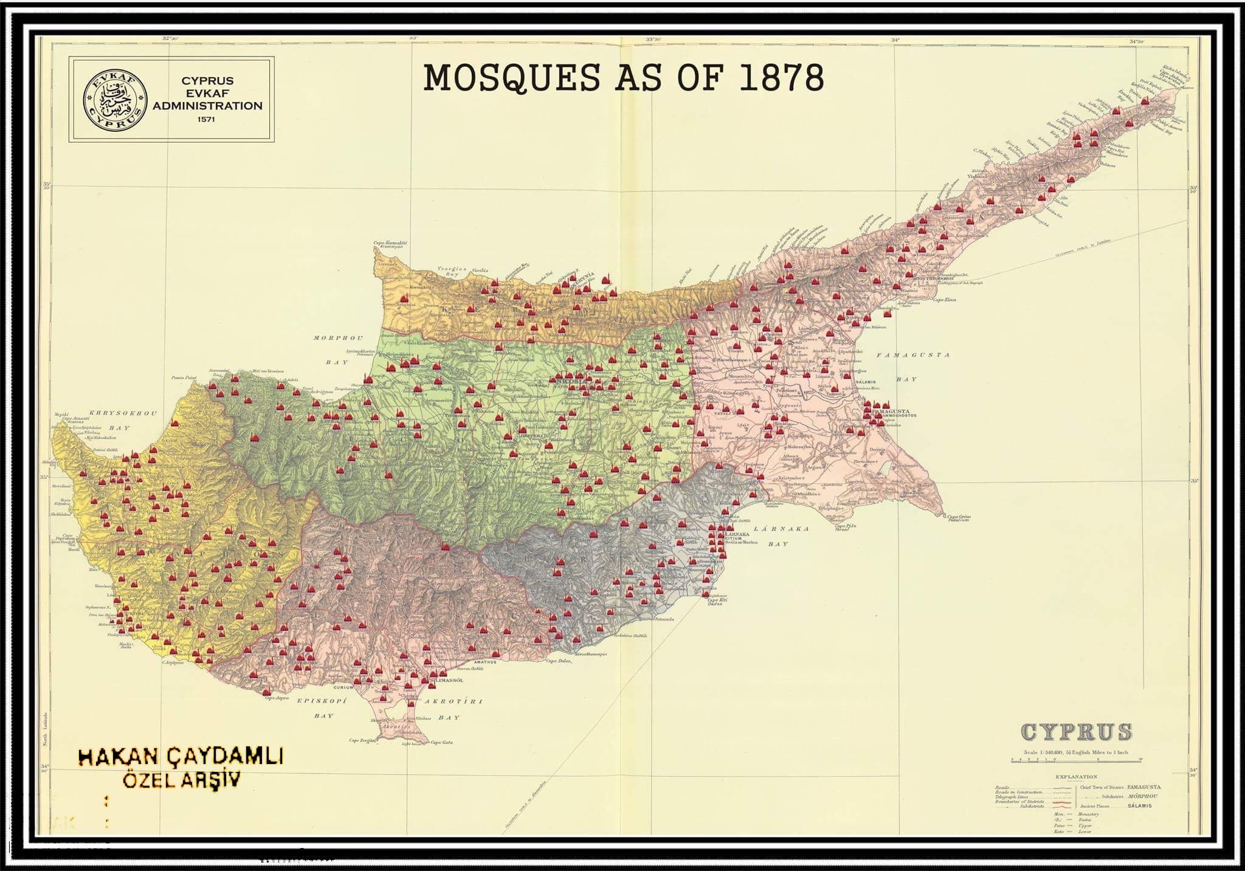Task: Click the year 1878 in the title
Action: pyautogui.click(x=781, y=78)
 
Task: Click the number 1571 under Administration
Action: pyautogui.click(x=207, y=120)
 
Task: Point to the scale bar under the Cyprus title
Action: pyautogui.click(x=1076, y=759)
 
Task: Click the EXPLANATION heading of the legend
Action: pyautogui.click(x=1076, y=777)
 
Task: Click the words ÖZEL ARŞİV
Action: pyautogui.click(x=182, y=780)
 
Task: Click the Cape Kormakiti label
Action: pyautogui.click(x=390, y=243)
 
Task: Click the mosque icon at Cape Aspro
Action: pyautogui.click(x=266, y=691)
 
